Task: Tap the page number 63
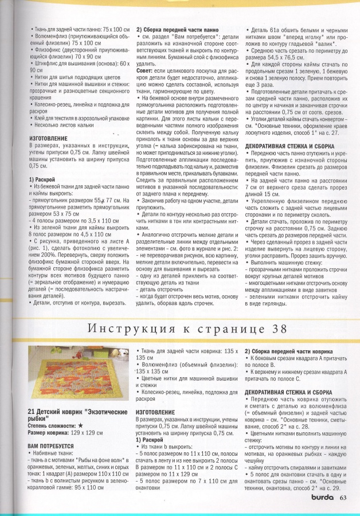[x=343, y=498]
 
